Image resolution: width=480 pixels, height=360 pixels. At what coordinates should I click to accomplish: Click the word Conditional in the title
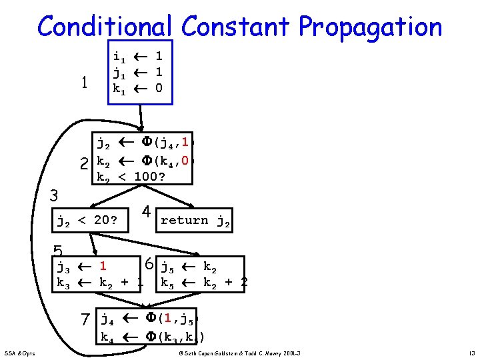(x=105, y=27)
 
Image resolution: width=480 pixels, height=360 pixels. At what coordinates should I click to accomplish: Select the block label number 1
(x=84, y=83)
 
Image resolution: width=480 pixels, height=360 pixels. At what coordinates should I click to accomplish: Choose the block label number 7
(x=85, y=321)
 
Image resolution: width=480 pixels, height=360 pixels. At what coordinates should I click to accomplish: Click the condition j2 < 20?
(x=87, y=220)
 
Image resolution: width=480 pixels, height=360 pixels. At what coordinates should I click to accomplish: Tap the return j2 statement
(x=195, y=221)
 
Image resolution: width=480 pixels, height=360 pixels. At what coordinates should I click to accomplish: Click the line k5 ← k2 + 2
(x=204, y=282)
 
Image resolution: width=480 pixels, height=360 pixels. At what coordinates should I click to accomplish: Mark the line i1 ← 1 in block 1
(x=138, y=57)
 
